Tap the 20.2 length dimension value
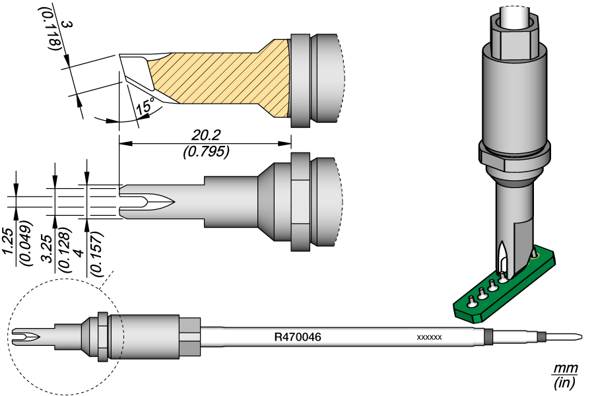205,135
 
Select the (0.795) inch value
205,152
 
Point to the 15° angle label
145,106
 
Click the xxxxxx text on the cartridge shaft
429,337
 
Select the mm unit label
564,367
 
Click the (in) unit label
564,382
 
